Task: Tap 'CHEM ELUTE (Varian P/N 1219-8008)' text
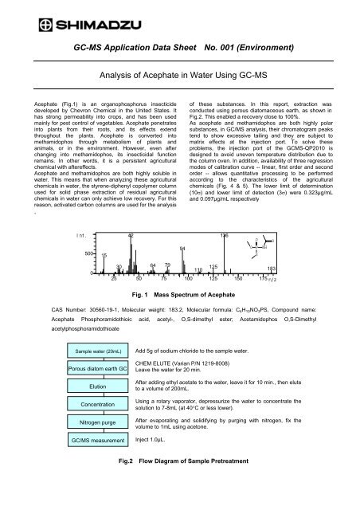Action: point(189,364)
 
